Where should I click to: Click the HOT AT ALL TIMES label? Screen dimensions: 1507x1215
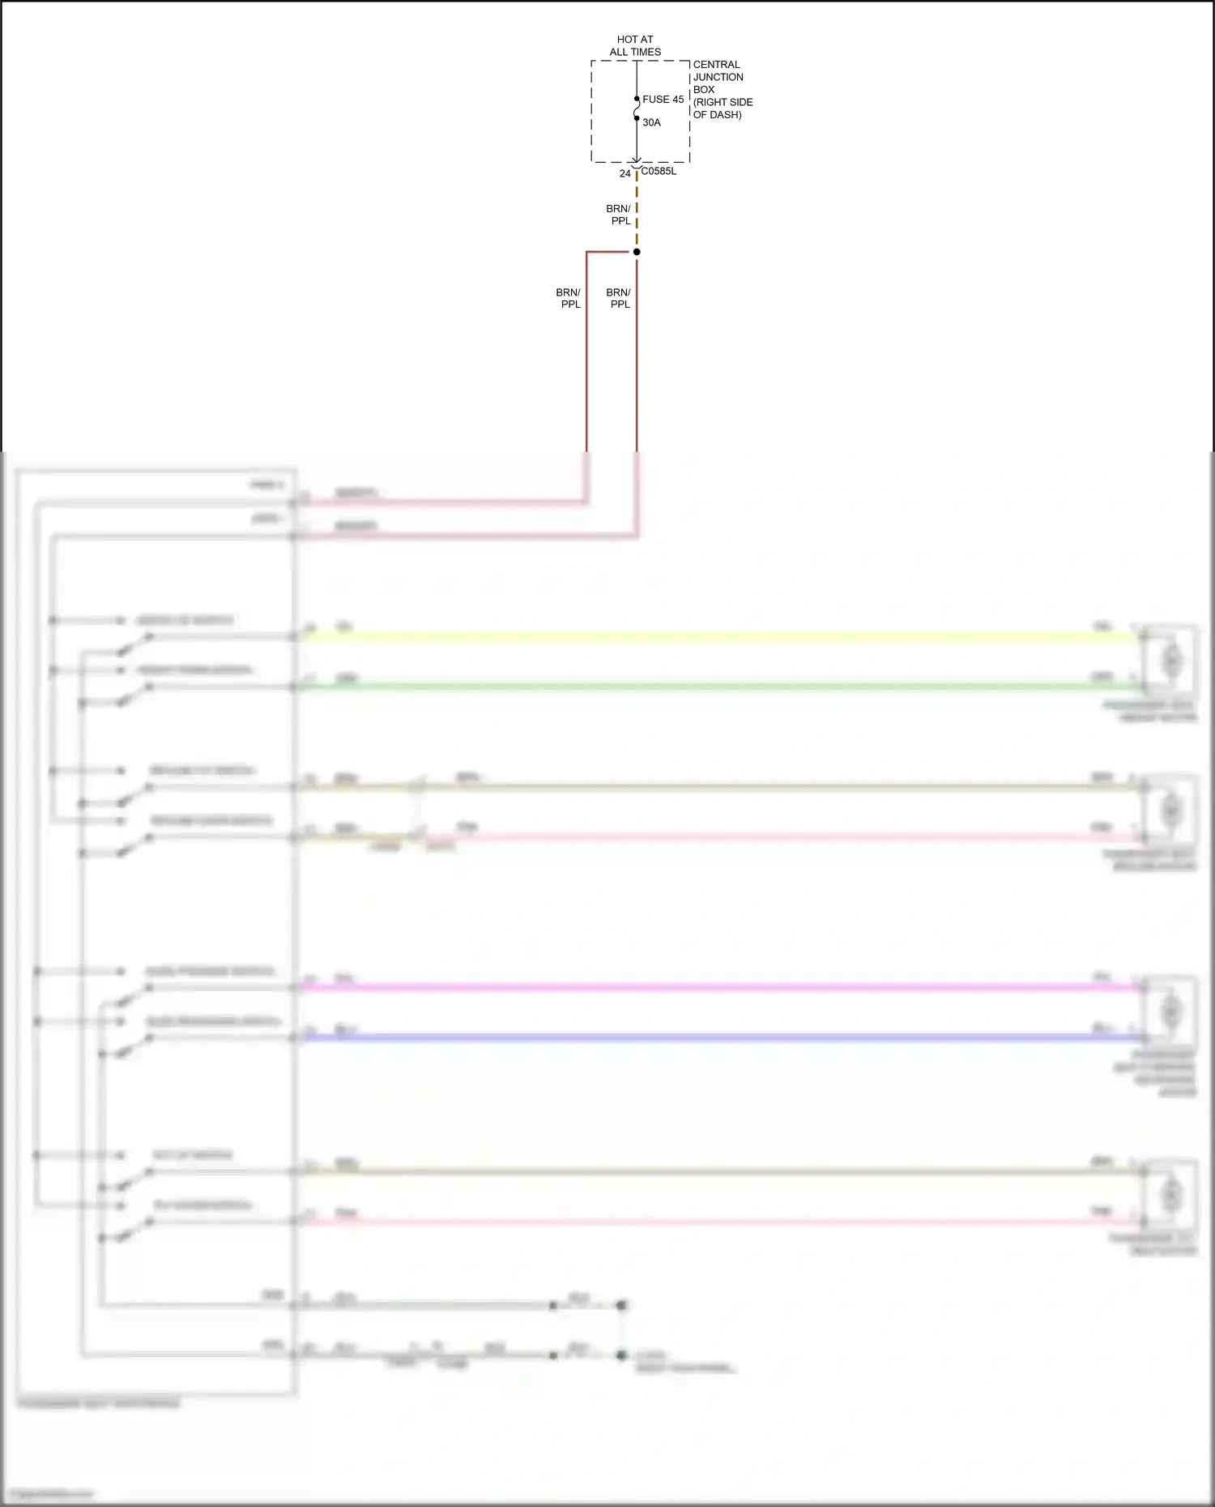pos(635,45)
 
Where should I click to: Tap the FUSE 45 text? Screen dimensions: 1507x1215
pos(663,100)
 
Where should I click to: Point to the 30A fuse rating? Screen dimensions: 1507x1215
pos(651,123)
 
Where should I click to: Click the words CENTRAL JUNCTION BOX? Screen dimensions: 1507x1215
pos(717,77)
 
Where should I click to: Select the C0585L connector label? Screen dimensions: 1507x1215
pos(659,172)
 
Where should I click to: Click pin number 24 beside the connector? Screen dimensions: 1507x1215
pos(625,173)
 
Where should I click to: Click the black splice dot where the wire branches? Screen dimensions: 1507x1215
pos(637,252)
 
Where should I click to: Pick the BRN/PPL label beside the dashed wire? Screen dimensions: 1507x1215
pos(619,215)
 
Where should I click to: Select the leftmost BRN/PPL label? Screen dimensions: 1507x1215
pos(569,298)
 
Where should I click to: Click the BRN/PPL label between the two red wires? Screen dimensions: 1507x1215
pos(619,298)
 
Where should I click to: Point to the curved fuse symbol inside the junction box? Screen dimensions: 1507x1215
pos(637,109)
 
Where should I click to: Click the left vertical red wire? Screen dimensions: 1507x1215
pos(586,364)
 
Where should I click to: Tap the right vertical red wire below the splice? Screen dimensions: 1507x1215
pos(637,364)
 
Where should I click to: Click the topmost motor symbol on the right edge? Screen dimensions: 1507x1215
pos(1171,661)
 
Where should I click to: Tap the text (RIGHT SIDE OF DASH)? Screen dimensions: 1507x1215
pos(723,109)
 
